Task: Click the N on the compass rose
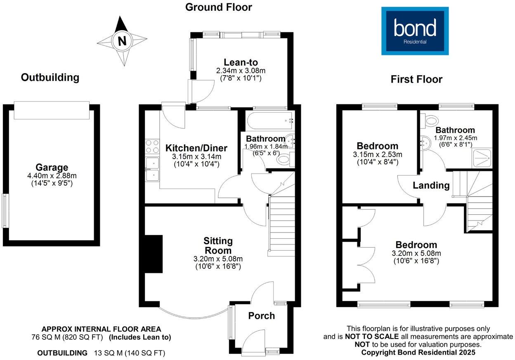[122, 41]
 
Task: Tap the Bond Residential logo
[415, 31]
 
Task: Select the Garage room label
[52, 168]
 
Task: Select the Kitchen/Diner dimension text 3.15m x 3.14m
[196, 156]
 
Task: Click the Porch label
[261, 316]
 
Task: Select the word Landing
[431, 185]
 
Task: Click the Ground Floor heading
[218, 7]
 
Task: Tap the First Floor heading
[416, 79]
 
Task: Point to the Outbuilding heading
[50, 77]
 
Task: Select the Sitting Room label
[218, 246]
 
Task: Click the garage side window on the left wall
[5, 210]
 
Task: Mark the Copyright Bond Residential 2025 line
[418, 352]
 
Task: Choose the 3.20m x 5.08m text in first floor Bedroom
[416, 253]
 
